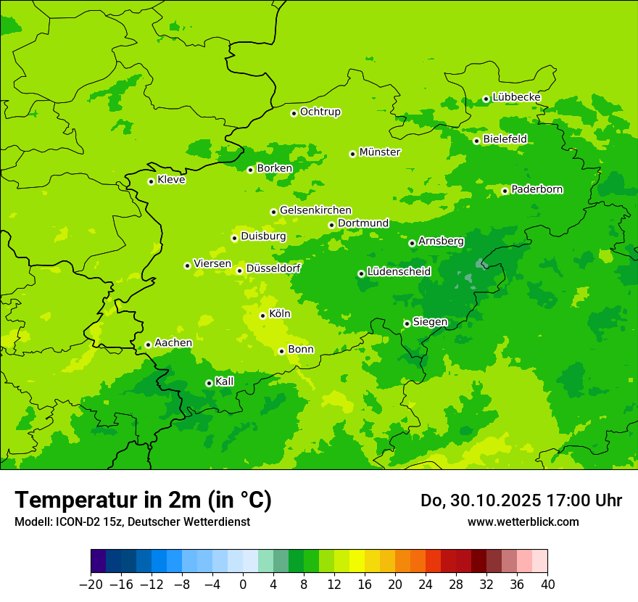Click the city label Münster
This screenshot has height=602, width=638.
[x=380, y=152]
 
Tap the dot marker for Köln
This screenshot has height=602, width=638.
[x=262, y=316]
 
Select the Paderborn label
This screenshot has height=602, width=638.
[x=536, y=189]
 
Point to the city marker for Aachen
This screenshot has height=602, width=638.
[x=148, y=345]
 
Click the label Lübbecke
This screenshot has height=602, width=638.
[x=516, y=97]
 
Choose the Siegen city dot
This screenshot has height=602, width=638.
[x=407, y=323]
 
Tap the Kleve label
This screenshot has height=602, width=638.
[x=171, y=180]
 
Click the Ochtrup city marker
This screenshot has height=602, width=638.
[x=294, y=112]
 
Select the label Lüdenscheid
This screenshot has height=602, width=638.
[x=399, y=272]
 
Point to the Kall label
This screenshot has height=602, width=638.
[x=225, y=382]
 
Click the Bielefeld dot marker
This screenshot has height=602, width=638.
[x=476, y=141]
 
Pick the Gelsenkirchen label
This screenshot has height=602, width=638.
[x=315, y=210]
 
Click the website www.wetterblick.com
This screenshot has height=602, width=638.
[x=523, y=521]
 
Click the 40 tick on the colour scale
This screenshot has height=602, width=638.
[x=547, y=585]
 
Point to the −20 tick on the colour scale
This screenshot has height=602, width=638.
[x=91, y=585]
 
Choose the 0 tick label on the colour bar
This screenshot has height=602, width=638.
[x=243, y=585]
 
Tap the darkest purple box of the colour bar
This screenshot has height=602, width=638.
[x=98, y=561]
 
